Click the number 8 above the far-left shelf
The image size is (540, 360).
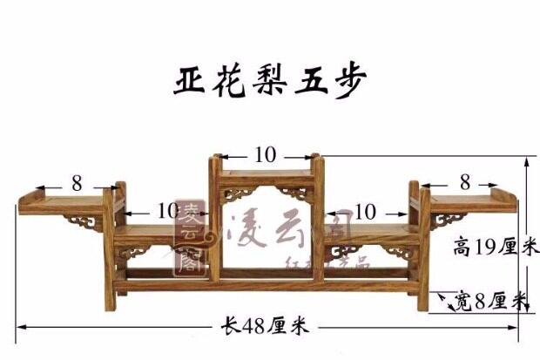[x=77, y=183]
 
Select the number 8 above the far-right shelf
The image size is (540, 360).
[x=464, y=182]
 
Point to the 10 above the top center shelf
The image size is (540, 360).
[x=266, y=155]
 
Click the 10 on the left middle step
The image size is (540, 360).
[x=165, y=211]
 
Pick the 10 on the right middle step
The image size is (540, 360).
[x=365, y=211]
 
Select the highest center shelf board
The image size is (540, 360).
[x=266, y=169]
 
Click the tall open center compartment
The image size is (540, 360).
[x=265, y=235]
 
